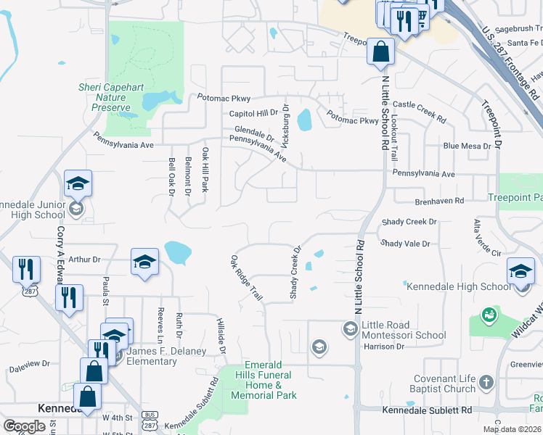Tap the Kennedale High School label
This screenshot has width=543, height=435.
(458, 286)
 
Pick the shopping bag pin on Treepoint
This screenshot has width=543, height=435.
(381, 52)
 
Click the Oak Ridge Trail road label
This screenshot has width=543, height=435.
(246, 278)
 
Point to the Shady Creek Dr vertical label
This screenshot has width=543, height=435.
(295, 272)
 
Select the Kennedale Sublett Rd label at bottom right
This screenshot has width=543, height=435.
(436, 410)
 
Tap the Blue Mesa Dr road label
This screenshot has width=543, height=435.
(468, 146)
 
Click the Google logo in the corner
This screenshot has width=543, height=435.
(25, 426)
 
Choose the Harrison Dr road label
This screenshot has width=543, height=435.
(383, 347)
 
